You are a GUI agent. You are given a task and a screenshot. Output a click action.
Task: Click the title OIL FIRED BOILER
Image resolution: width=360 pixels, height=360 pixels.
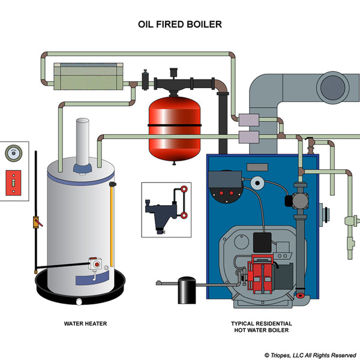(x=181, y=25)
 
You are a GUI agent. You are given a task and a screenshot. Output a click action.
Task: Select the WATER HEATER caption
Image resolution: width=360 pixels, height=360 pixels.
(x=85, y=323)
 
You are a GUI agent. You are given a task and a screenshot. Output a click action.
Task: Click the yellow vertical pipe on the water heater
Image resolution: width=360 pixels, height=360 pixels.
(x=111, y=228)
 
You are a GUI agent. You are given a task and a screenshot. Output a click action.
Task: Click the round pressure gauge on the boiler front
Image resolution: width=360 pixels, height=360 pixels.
(x=258, y=184)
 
